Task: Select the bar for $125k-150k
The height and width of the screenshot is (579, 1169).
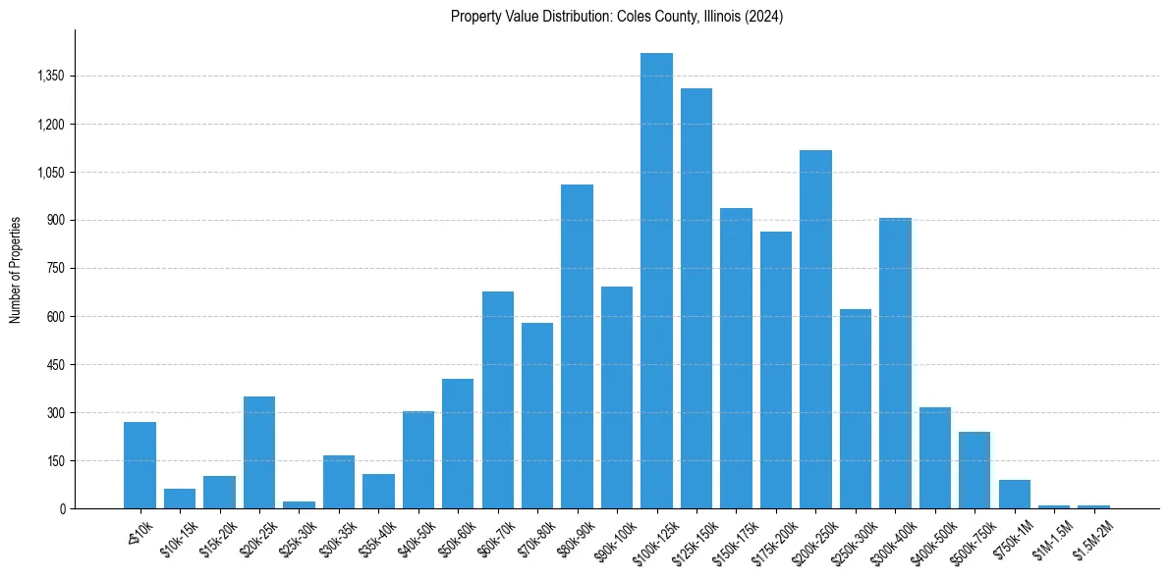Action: point(696,298)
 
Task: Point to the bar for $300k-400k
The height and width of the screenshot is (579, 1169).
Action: point(895,363)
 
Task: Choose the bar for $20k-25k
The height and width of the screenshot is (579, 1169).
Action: point(259,452)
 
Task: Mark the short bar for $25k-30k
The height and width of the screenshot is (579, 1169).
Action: point(299,504)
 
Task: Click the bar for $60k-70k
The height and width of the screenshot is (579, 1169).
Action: point(498,399)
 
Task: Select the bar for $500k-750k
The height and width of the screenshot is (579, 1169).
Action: point(974,470)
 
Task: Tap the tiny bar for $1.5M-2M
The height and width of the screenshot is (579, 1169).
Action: point(1093,506)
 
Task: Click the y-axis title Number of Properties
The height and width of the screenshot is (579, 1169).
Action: point(16,269)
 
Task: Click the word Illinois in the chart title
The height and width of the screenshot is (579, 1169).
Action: point(719,17)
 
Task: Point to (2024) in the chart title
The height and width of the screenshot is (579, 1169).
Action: point(764,17)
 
